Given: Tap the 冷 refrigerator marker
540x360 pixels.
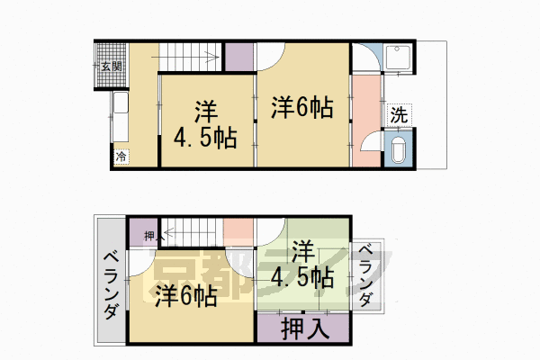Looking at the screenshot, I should click(121, 157).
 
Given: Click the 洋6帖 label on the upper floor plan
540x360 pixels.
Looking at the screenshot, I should click(302, 108).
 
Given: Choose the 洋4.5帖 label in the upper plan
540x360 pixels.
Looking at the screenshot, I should click(205, 126).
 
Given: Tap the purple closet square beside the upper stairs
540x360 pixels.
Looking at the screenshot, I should click(238, 56).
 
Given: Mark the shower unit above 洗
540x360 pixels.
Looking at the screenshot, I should click(398, 60).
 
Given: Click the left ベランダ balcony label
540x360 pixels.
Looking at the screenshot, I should click(109, 283).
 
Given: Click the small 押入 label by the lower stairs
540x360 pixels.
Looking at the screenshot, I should click(150, 237).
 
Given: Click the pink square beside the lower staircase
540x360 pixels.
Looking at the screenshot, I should click(238, 231).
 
